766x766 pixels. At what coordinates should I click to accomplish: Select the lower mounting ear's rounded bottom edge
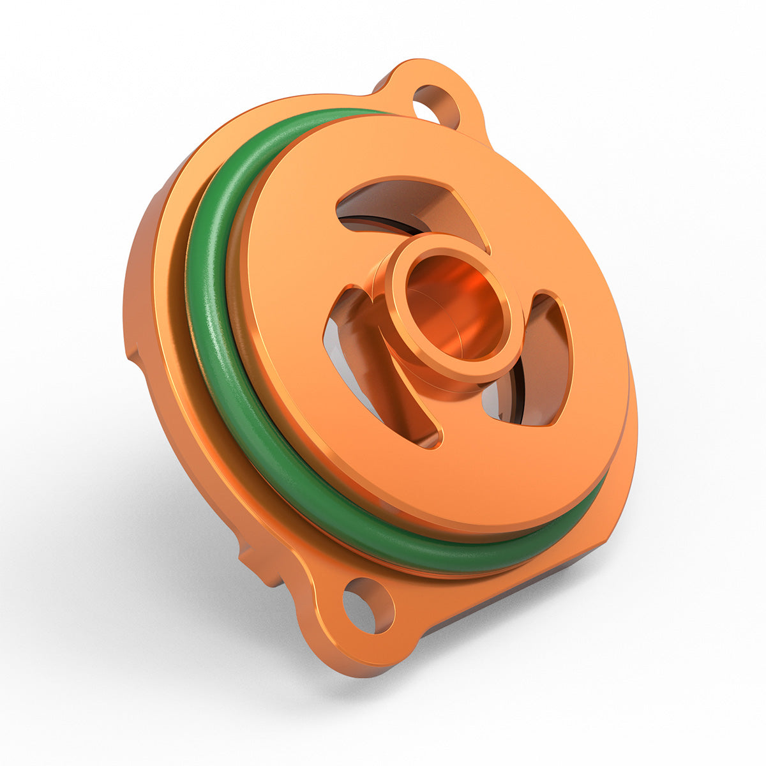pyautogui.click(x=357, y=667)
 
